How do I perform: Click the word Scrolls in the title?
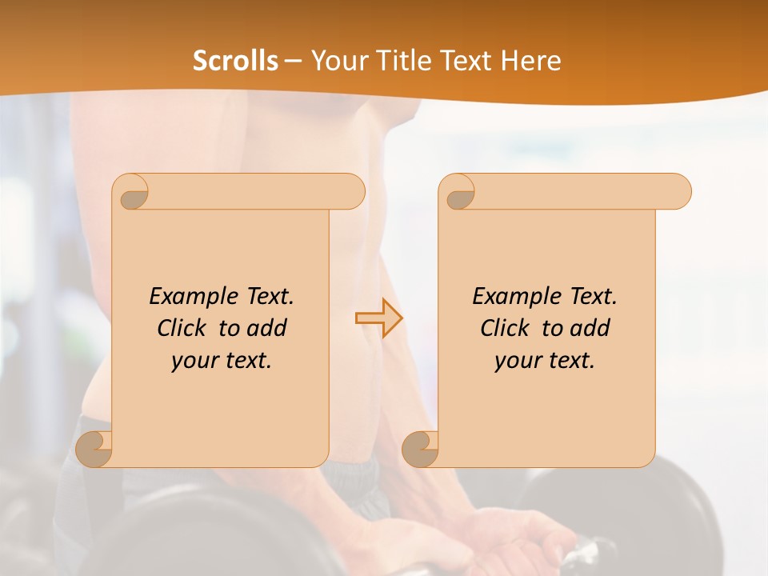(235, 61)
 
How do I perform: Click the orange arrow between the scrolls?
(378, 318)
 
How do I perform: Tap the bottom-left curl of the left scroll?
(94, 449)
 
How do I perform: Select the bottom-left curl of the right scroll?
(421, 449)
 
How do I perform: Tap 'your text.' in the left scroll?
(221, 361)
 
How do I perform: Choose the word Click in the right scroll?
(505, 328)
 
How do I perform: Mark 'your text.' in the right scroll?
(544, 361)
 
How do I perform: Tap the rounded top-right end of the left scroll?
(352, 192)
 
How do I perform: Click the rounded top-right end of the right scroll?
(678, 192)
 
